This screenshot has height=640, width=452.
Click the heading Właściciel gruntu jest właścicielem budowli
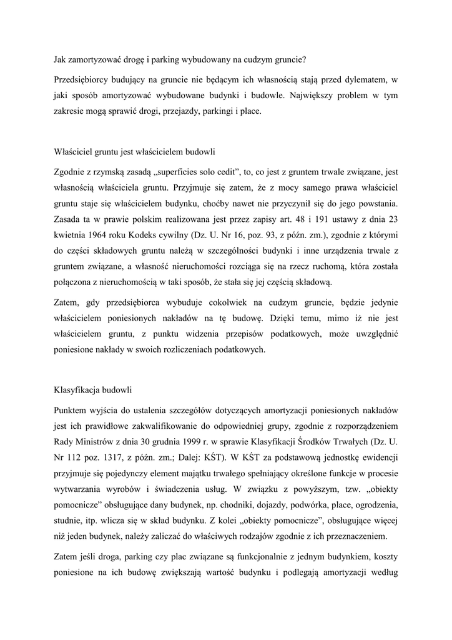click(135, 152)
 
